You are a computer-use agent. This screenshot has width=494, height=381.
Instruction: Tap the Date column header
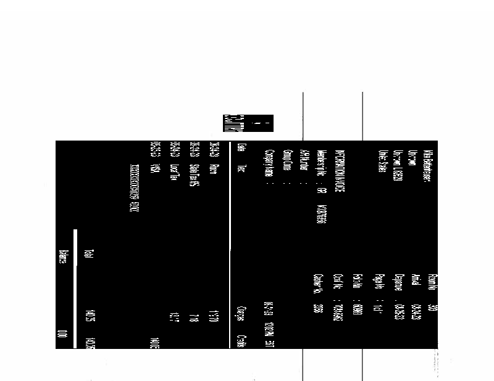point(241,148)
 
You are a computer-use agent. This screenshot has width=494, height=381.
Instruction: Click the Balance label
point(62,257)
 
